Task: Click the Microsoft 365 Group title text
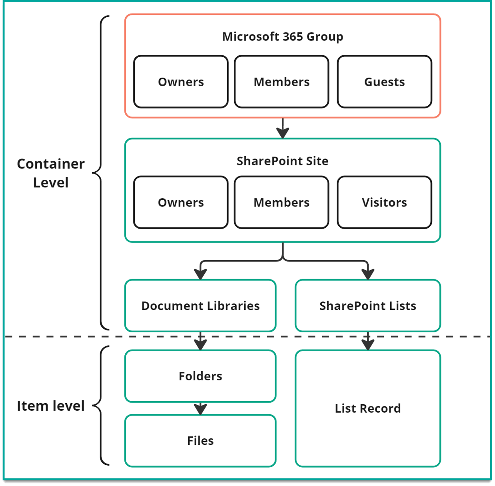[282, 36]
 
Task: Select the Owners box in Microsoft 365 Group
[181, 82]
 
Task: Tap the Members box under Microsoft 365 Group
[281, 82]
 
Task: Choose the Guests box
[384, 82]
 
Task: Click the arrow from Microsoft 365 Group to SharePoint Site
[283, 129]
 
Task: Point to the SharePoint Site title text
[282, 161]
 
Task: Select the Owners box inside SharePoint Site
[181, 203]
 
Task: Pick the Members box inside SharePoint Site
[281, 203]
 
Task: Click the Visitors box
[384, 203]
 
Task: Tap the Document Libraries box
[200, 306]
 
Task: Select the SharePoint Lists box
[367, 306]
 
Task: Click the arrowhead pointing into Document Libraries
[200, 274]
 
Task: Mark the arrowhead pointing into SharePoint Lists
[367, 274]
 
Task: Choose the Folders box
[200, 376]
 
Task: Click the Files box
[200, 441]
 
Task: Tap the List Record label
[367, 408]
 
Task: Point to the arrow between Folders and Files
[200, 409]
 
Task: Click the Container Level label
[51, 173]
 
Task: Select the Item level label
[51, 406]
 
